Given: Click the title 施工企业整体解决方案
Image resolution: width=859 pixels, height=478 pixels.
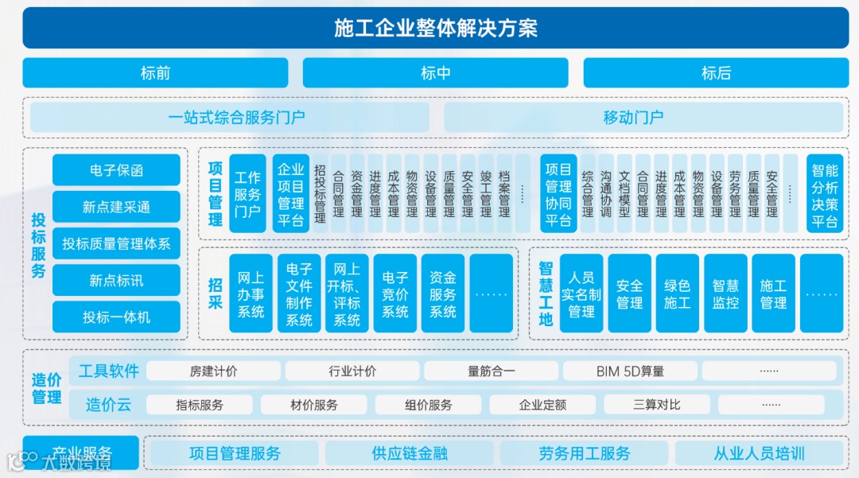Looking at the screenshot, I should tap(435, 29).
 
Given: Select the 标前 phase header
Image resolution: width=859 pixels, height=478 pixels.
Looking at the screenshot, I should tap(155, 73).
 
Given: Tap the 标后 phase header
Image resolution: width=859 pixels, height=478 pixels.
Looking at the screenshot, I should tap(716, 73).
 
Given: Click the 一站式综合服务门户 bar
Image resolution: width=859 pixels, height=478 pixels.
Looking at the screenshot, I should tap(236, 118).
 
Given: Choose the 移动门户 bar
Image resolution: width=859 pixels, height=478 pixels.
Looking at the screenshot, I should tap(633, 118).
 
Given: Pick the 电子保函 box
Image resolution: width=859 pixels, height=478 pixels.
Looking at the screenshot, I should tap(116, 170).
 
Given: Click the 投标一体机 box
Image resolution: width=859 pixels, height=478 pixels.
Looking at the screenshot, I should tap(116, 317).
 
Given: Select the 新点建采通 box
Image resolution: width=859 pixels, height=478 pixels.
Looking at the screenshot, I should tap(116, 207).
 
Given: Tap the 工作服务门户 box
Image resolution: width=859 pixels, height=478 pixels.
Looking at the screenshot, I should tap(247, 194).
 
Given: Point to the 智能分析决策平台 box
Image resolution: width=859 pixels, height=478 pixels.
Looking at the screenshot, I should tap(825, 194).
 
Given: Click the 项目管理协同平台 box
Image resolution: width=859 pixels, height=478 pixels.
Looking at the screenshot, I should tap(558, 194).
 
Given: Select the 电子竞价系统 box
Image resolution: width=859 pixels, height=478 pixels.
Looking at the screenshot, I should tap(395, 293).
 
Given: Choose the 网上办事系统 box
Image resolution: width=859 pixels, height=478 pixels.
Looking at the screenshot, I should tap(251, 293).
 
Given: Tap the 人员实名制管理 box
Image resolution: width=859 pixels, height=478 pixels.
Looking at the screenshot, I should tap(581, 293).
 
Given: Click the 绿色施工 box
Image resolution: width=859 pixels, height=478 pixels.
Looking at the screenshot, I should tap(678, 293).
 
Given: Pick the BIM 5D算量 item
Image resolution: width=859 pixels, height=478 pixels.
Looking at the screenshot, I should tap(630, 371).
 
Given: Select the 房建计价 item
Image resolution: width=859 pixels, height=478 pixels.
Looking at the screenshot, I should tap(213, 371).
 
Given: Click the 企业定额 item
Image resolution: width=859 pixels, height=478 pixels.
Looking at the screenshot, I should tap(542, 405).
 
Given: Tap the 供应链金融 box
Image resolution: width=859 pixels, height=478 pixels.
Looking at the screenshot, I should tap(410, 453).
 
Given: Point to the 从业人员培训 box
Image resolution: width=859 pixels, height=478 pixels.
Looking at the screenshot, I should tap(759, 453).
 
